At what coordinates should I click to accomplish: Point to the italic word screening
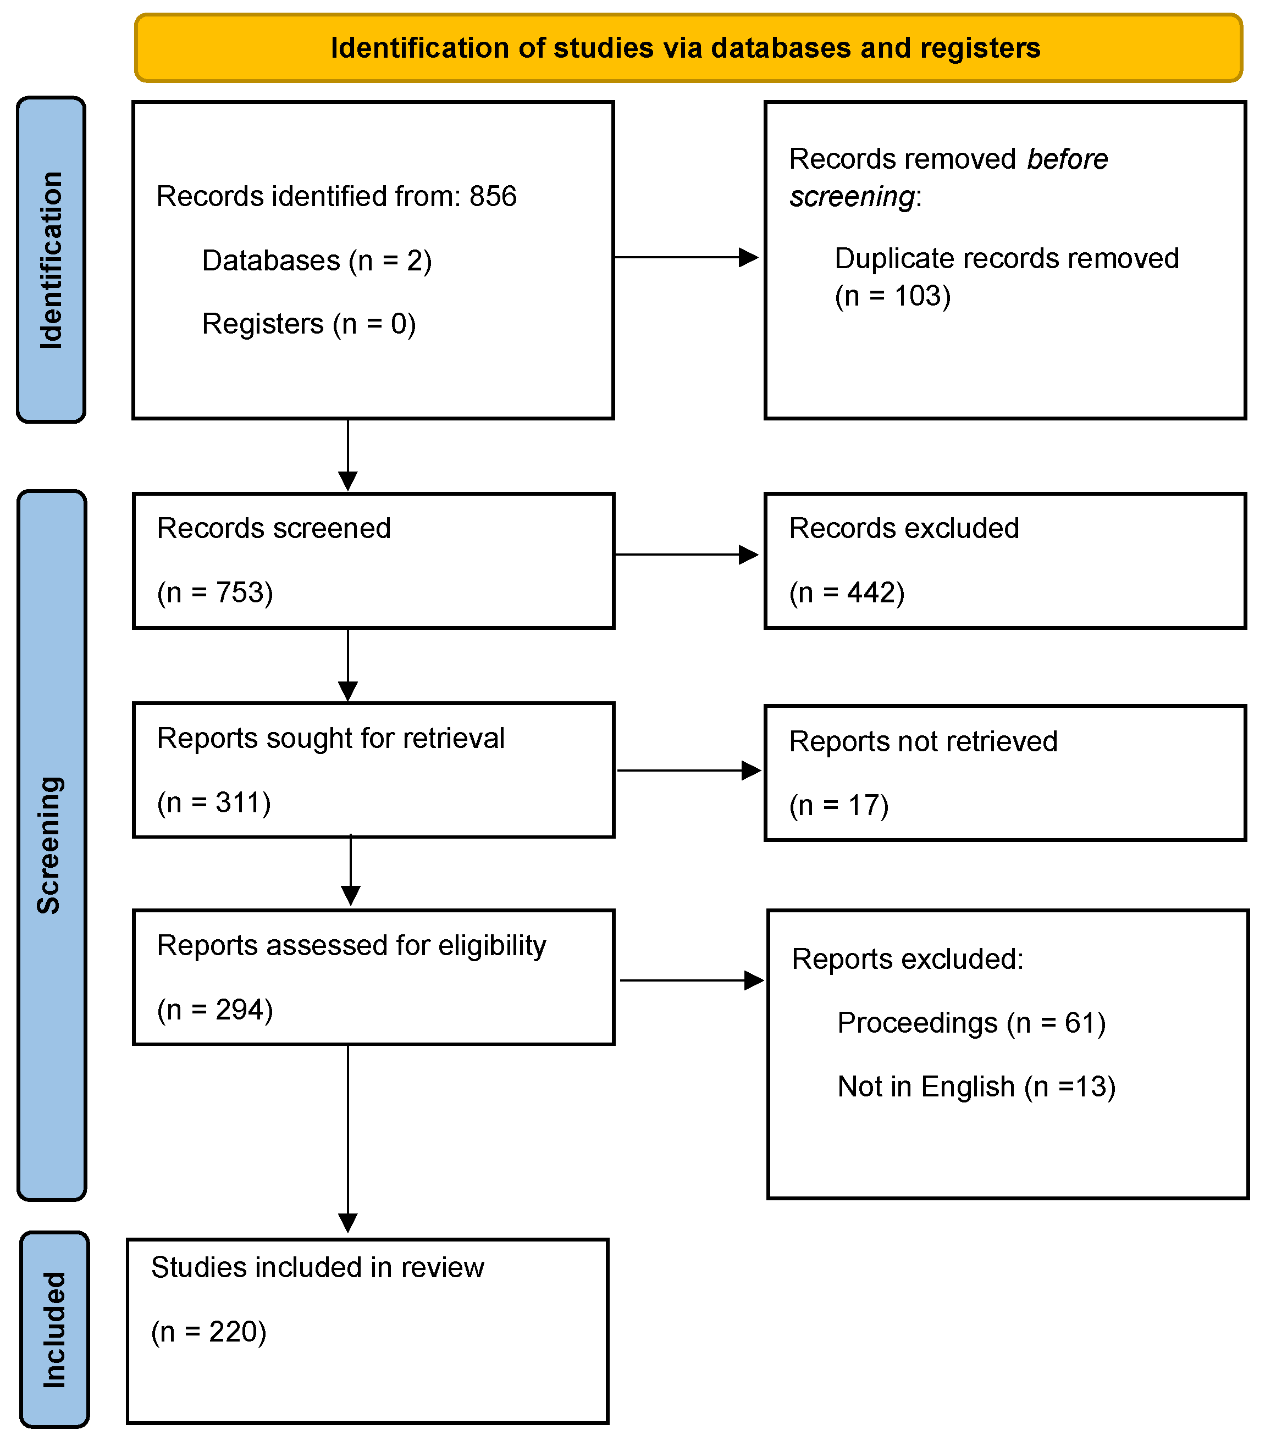coord(851,197)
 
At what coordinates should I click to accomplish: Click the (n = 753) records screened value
coord(214,592)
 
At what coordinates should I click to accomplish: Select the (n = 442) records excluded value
coord(846,592)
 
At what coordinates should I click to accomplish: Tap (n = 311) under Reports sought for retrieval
coord(214,802)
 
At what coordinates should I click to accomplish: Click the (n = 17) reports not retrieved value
coord(838,805)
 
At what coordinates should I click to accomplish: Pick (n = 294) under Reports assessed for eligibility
coord(214,1010)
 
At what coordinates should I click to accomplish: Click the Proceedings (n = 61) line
coord(971,1023)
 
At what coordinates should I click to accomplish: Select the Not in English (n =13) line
coord(976,1087)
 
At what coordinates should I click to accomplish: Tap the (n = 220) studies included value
coord(209,1332)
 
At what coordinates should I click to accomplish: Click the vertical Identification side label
coord(51,259)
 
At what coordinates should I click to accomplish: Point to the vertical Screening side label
coord(49,845)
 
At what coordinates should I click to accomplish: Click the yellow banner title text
coord(686,48)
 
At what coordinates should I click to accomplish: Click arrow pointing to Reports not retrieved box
coord(688,771)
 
